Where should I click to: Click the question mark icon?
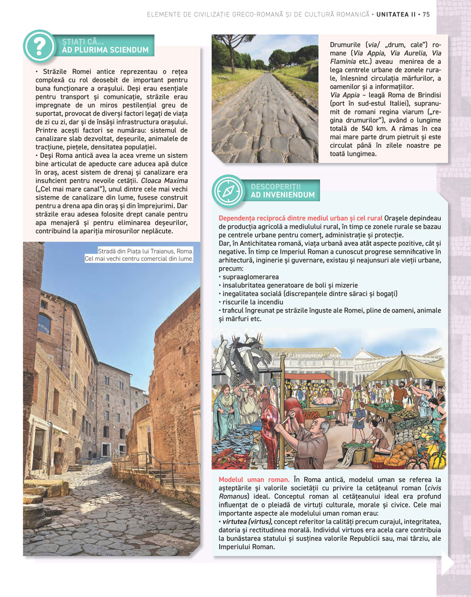[x=39, y=46]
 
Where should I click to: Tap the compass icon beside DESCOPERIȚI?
[x=228, y=191]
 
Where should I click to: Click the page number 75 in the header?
[x=426, y=15]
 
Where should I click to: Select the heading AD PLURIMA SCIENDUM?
[x=105, y=50]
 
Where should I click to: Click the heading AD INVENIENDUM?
[x=283, y=195]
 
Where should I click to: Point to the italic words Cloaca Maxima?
[x=164, y=181]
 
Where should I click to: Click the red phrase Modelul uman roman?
[x=254, y=480]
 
